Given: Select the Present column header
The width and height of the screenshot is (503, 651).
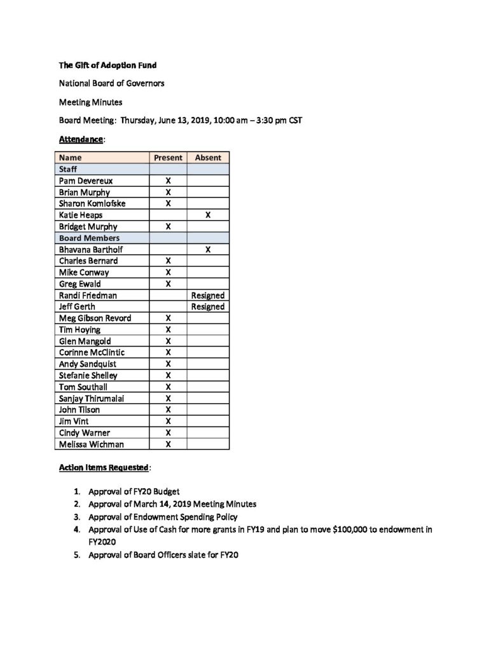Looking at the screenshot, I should [x=168, y=158].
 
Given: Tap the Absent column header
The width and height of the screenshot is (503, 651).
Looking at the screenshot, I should [x=208, y=158].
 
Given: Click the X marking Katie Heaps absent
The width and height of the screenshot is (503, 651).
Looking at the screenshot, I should [x=208, y=215].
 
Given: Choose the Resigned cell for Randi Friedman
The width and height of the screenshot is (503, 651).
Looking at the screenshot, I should [x=208, y=295].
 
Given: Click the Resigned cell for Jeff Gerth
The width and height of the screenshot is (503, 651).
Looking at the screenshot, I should [x=208, y=306].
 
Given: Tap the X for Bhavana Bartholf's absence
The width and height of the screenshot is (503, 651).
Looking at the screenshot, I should [x=208, y=249].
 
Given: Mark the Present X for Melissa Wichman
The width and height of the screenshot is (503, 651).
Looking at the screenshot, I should [x=168, y=444].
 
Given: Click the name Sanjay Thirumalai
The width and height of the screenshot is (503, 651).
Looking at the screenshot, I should [x=92, y=398].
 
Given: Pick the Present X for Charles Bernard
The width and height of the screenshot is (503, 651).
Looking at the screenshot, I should [x=168, y=261].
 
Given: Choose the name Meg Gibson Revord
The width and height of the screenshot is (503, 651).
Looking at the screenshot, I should [x=95, y=318].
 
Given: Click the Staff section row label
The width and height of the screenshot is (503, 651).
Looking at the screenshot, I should [x=68, y=169].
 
